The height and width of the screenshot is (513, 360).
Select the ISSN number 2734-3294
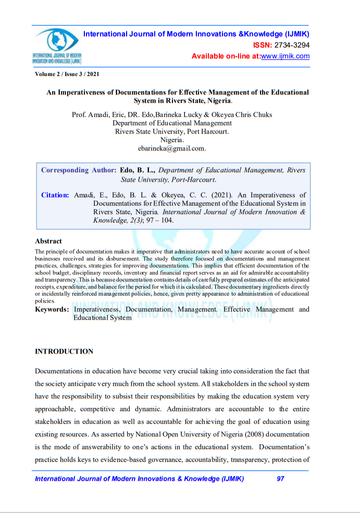[292, 45]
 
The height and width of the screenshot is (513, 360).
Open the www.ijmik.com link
[285, 56]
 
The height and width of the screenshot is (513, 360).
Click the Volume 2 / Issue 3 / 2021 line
[67, 74]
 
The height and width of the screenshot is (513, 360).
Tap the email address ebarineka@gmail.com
[172, 148]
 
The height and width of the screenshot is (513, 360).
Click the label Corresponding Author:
[79, 170]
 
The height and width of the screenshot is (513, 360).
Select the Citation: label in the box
[55, 195]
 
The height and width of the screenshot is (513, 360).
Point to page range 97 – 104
[159, 220]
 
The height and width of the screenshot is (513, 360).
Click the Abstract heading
[48, 241]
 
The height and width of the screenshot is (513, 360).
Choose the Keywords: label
[52, 309]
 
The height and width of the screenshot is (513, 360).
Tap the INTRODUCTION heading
[64, 352]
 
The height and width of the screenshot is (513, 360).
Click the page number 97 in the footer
[280, 479]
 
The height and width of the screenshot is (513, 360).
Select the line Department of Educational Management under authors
[172, 123]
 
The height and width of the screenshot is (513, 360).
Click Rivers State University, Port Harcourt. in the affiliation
[172, 131]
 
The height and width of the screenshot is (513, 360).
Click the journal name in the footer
[139, 479]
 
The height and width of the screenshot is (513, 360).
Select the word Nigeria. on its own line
[172, 140]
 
